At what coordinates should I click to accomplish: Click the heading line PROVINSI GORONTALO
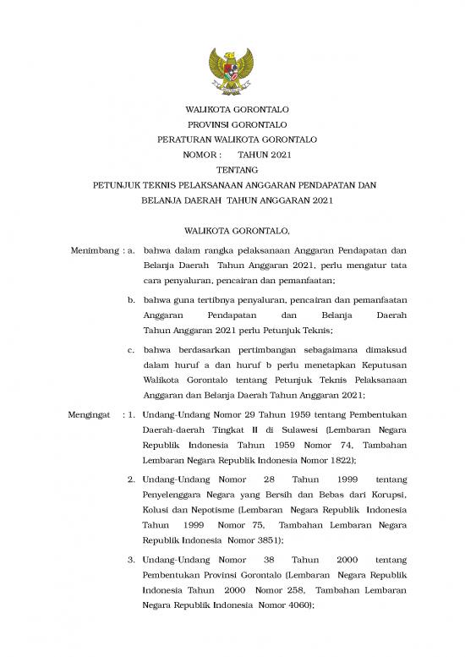[232, 123]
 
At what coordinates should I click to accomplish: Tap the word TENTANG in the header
[232, 169]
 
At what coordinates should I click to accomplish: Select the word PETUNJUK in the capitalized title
[118, 184]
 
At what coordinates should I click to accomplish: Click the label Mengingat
[88, 414]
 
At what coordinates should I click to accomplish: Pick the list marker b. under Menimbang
[133, 300]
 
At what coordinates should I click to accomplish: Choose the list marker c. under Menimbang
[133, 348]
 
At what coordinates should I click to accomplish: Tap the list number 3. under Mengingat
[132, 560]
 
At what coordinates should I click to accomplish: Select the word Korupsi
[386, 494]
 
